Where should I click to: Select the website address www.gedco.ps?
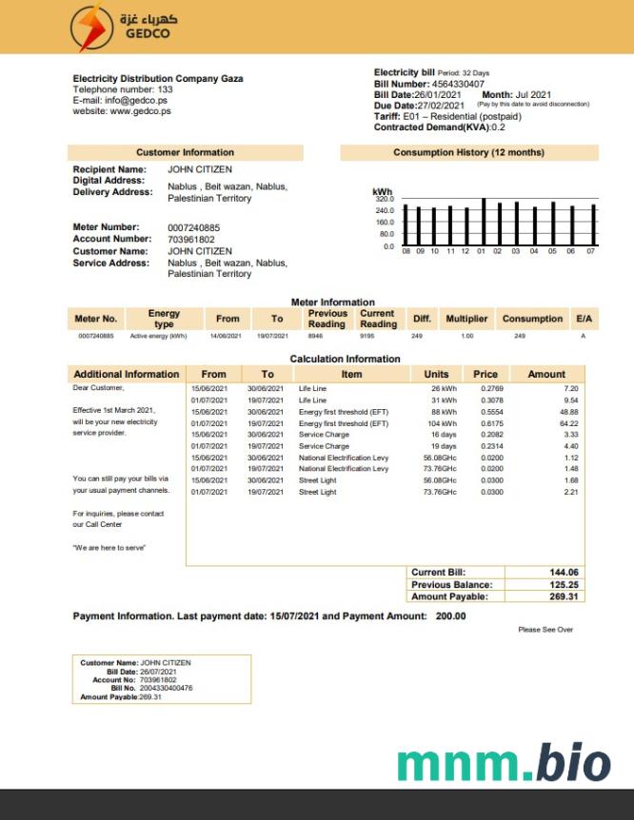[141, 110]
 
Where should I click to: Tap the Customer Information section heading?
[185, 152]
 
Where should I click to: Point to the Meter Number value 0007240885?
[193, 227]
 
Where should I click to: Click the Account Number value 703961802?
[188, 239]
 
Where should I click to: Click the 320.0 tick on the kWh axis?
[385, 199]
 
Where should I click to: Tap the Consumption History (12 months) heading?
[468, 152]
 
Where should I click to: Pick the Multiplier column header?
[466, 319]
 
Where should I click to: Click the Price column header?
[485, 374]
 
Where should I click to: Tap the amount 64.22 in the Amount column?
[567, 423]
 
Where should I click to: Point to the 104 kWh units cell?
[441, 423]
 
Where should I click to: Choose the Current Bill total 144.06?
[565, 572]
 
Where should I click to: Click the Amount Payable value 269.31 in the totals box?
[565, 596]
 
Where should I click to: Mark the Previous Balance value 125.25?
[565, 584]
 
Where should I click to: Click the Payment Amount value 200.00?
[451, 616]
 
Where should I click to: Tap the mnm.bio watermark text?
[503, 764]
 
